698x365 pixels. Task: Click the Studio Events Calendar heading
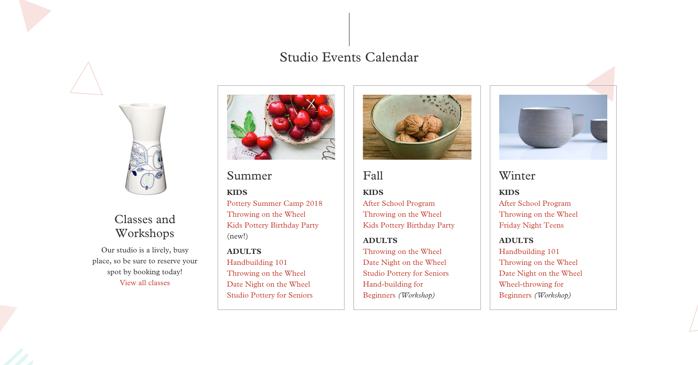tap(349, 57)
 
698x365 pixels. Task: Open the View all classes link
tap(145, 283)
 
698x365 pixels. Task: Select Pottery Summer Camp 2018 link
tap(274, 203)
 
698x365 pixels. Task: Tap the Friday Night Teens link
tap(531, 225)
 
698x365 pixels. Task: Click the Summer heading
tap(249, 176)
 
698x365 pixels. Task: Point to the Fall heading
tap(373, 176)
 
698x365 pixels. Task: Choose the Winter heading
tap(517, 176)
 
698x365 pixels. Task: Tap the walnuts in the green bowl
tap(419, 127)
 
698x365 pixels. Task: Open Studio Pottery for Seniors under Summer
tap(270, 295)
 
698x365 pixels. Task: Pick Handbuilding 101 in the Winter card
tap(529, 251)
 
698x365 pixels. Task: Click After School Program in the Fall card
tap(399, 203)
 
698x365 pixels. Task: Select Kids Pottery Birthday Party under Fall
tap(408, 225)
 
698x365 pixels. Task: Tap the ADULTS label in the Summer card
tap(244, 251)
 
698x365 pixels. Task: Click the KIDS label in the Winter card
tap(509, 192)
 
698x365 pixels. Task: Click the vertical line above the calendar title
tap(349, 29)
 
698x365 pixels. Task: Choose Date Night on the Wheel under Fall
tap(404, 262)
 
